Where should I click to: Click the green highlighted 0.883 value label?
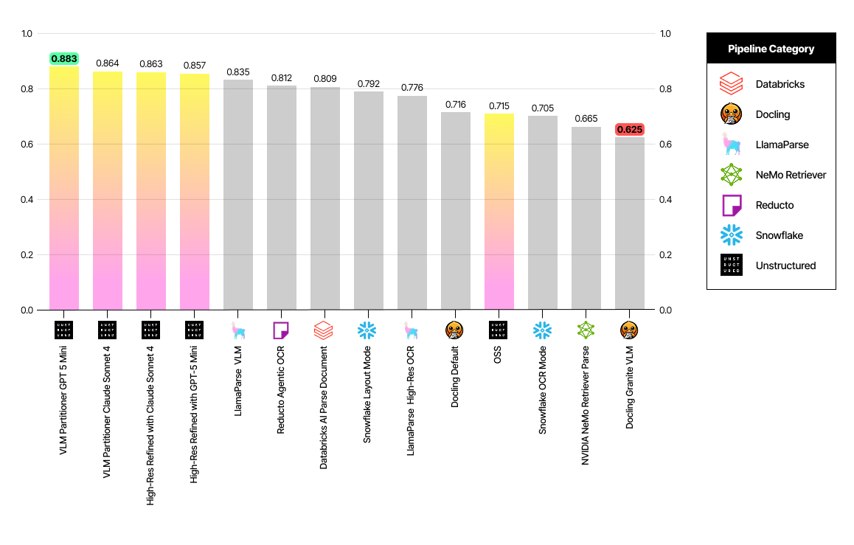(64, 58)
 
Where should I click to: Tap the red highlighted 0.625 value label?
(630, 129)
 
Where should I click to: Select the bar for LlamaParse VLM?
(238, 195)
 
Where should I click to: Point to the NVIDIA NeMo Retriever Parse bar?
(586, 218)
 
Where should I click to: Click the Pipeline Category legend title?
(771, 49)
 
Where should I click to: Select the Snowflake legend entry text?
(779, 235)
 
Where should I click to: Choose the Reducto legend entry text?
(774, 205)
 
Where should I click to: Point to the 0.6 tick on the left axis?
(27, 145)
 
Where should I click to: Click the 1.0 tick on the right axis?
(665, 34)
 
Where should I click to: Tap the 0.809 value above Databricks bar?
(325, 78)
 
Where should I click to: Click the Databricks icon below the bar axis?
(325, 330)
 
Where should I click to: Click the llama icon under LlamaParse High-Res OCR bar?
(412, 330)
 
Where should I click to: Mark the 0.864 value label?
(108, 63)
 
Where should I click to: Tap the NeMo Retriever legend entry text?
(791, 175)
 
